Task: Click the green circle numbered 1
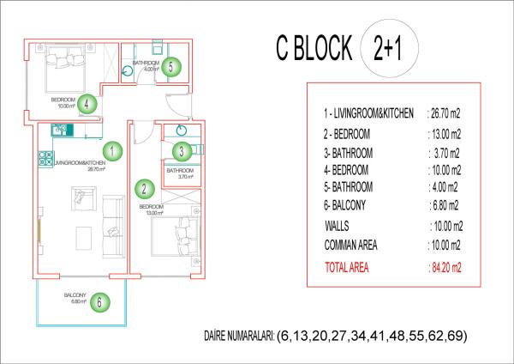point(112,151)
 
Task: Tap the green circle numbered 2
point(144,189)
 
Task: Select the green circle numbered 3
point(182,151)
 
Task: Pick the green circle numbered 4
point(87,104)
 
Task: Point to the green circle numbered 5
point(171,67)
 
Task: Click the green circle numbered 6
point(100,302)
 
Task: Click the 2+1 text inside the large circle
point(387,49)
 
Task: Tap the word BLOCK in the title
point(323,48)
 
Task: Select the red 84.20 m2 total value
point(445,268)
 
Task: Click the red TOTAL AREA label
point(346,267)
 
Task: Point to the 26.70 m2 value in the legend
point(444,113)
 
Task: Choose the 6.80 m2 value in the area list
point(444,206)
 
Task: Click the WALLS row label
point(337,226)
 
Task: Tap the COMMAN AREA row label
point(350,245)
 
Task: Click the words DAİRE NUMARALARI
point(239,336)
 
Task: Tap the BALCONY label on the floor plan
point(75,295)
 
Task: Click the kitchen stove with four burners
point(45,159)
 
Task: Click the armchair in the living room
point(84,199)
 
